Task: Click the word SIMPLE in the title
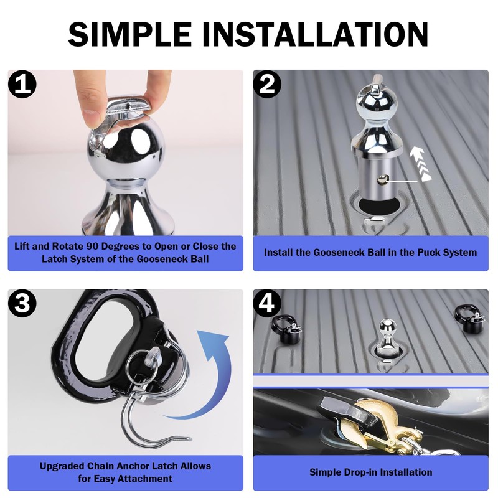(129, 34)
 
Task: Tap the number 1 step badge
(22, 84)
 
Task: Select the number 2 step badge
(267, 84)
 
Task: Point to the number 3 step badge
(22, 303)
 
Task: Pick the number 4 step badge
(267, 303)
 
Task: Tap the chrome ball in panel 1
(126, 153)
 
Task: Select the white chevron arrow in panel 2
(420, 164)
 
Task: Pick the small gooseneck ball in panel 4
(388, 337)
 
